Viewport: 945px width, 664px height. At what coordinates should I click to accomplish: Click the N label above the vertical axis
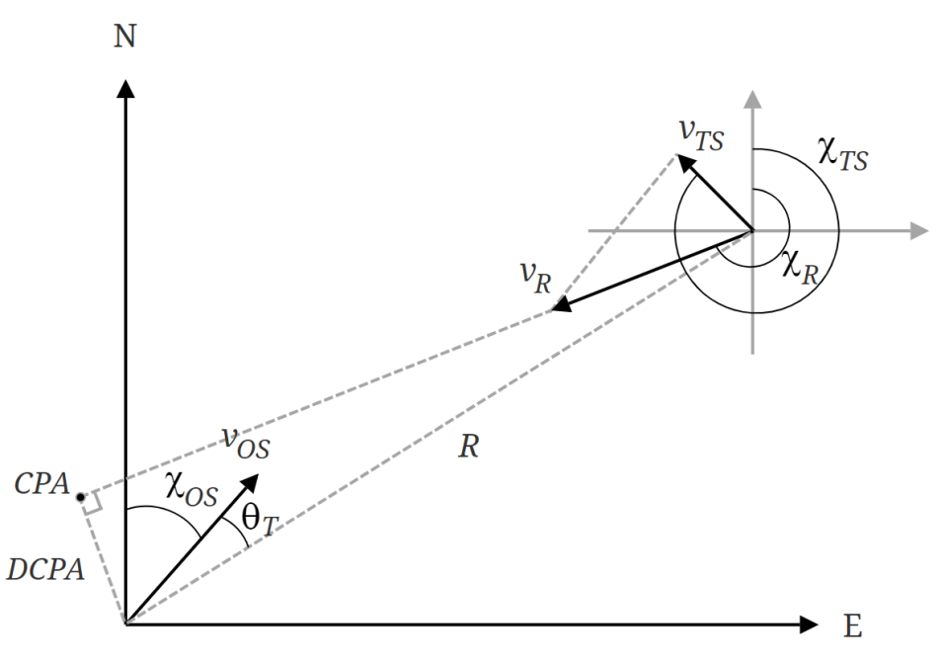coord(125,38)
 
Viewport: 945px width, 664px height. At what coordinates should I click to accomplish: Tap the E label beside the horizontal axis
coord(853,626)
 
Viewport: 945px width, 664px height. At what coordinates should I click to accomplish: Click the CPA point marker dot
coord(81,496)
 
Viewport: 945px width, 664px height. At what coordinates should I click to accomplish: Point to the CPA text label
coord(40,485)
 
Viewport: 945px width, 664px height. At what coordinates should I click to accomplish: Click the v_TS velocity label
coord(701,133)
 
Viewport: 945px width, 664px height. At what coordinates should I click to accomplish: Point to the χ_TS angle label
coord(842,155)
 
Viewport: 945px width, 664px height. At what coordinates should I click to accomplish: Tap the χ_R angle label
coord(800,267)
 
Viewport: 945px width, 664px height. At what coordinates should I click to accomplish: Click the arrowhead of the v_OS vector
coord(251,481)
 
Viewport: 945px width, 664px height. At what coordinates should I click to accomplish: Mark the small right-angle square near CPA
coord(91,505)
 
